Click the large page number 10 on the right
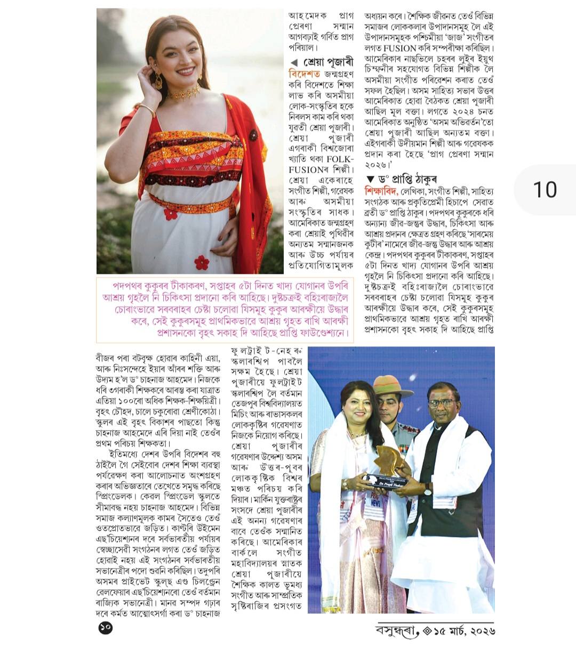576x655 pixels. click(x=545, y=189)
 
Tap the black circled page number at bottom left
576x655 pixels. click(x=106, y=628)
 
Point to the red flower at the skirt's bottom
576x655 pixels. click(x=202, y=262)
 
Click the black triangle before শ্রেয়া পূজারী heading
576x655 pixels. click(x=294, y=62)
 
